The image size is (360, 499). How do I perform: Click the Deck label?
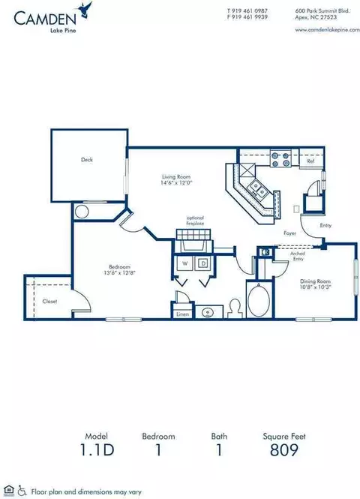click(87, 159)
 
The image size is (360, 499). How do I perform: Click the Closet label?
click(49, 301)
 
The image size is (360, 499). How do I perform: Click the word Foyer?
click(289, 233)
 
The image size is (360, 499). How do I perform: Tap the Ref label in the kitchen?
click(310, 161)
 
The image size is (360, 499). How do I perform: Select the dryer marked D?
click(203, 263)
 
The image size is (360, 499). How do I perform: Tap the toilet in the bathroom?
click(234, 308)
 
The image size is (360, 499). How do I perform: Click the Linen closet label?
click(182, 314)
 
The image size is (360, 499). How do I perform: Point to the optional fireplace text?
click(195, 221)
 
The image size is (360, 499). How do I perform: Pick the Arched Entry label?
click(276, 257)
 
